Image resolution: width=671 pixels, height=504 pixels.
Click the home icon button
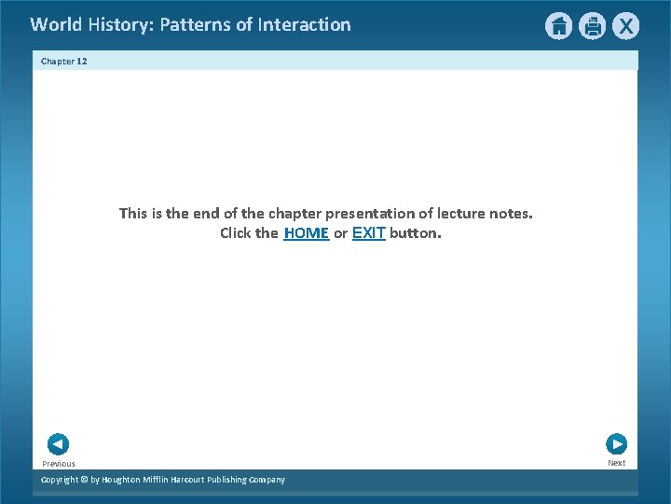point(558,26)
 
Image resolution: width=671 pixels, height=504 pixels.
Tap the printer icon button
point(592,26)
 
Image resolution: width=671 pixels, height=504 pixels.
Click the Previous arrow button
point(58,444)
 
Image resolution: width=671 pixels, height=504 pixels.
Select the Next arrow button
point(616,444)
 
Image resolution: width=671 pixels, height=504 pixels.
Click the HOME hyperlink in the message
point(307,233)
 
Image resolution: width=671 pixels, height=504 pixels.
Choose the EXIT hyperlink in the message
point(369,233)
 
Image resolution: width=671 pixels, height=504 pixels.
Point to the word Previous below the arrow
point(59,464)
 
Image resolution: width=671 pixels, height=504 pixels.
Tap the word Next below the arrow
point(617,463)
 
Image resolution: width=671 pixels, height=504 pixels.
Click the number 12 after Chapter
point(82,62)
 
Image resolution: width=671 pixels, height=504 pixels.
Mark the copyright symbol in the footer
point(83,480)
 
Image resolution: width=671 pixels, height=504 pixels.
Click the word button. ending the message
point(416,233)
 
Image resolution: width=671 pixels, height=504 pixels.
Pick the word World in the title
point(56,25)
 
